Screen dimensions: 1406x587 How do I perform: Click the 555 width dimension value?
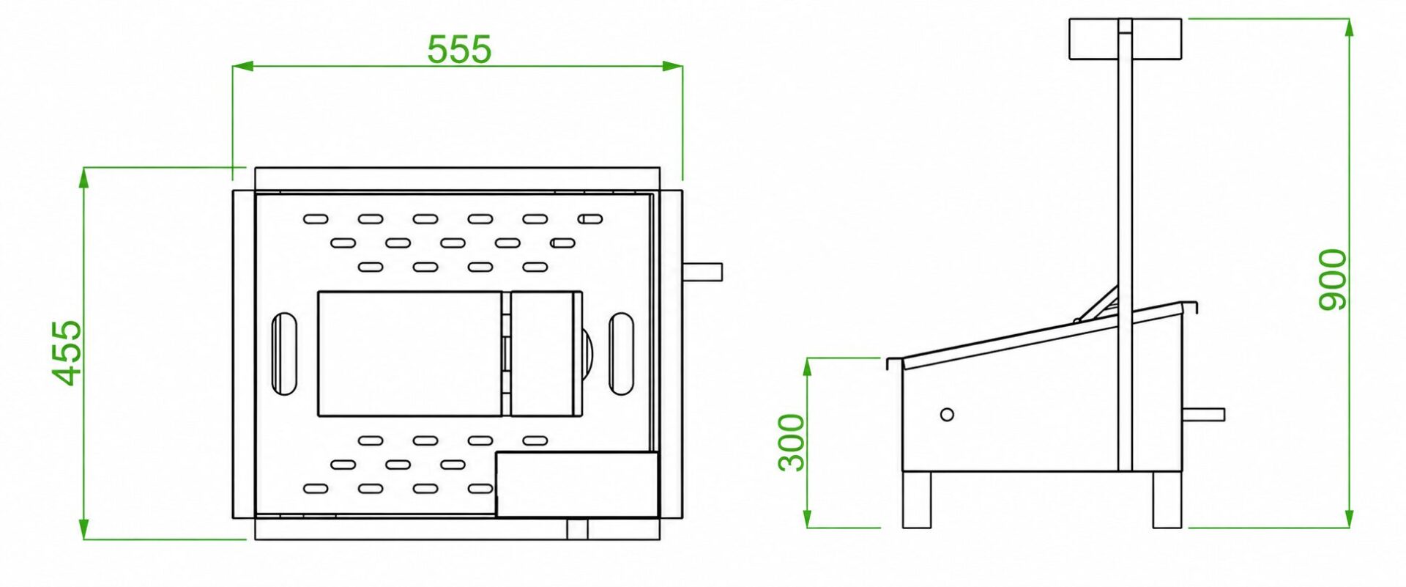(459, 50)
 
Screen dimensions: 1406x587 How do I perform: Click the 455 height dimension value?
(67, 352)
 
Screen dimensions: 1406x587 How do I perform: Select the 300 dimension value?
(792, 443)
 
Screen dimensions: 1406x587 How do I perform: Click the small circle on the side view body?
(947, 415)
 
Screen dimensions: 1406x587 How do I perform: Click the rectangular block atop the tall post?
(1126, 39)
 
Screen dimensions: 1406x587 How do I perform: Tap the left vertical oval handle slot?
(284, 354)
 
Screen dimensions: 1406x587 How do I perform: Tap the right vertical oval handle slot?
(621, 354)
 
